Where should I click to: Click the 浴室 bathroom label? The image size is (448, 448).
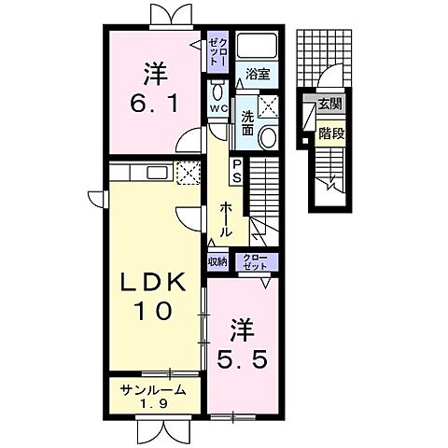click(258, 74)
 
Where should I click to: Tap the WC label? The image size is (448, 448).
click(218, 108)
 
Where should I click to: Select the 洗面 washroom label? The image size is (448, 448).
click(247, 123)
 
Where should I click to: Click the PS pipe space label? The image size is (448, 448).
click(237, 171)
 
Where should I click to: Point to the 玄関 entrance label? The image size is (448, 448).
click(329, 104)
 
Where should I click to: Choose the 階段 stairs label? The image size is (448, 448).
click(331, 133)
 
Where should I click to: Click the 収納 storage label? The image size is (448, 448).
click(218, 261)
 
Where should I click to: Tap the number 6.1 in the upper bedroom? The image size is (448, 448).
click(154, 105)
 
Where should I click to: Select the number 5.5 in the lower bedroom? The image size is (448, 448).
click(242, 360)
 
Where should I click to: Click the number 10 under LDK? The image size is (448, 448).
click(153, 311)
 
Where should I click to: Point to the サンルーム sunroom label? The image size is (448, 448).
click(154, 390)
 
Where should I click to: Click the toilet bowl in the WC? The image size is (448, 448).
click(217, 91)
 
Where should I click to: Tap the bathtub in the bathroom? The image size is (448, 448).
click(257, 46)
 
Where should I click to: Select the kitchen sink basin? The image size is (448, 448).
click(157, 173)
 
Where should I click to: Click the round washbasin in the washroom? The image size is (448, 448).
click(268, 137)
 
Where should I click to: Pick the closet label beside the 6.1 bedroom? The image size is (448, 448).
click(218, 51)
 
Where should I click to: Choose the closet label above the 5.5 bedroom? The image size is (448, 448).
click(255, 262)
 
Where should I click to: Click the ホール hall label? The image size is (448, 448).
click(226, 219)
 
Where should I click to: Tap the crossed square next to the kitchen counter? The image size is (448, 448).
click(189, 173)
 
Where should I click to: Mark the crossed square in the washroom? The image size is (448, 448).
click(268, 106)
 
